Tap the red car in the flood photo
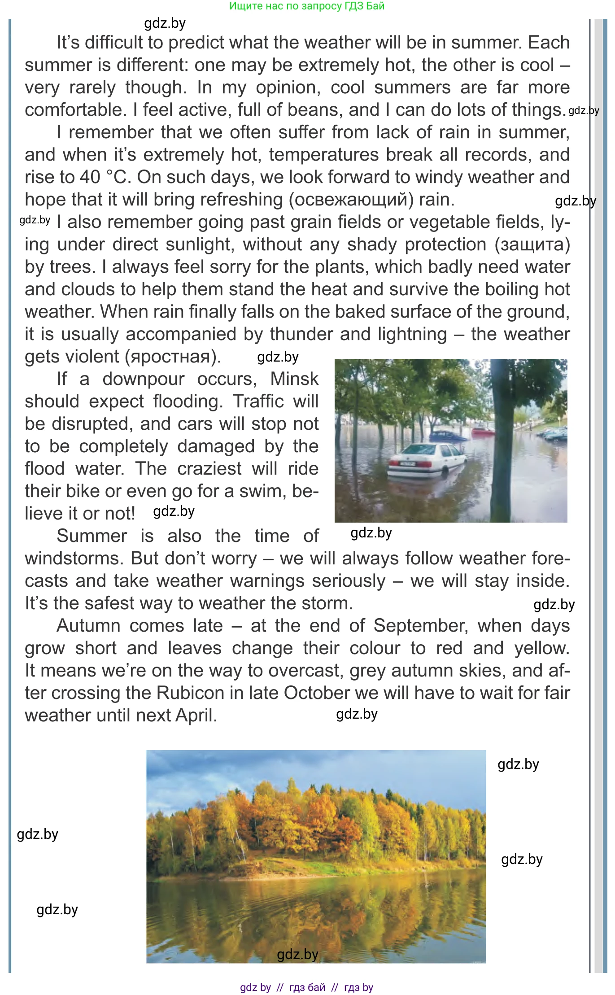(x=483, y=431)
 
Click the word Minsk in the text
(x=294, y=379)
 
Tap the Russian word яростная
(x=172, y=357)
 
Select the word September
(x=421, y=626)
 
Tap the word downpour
(x=143, y=379)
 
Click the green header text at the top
(x=307, y=6)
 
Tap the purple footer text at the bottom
(x=307, y=987)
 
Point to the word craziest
(x=209, y=469)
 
